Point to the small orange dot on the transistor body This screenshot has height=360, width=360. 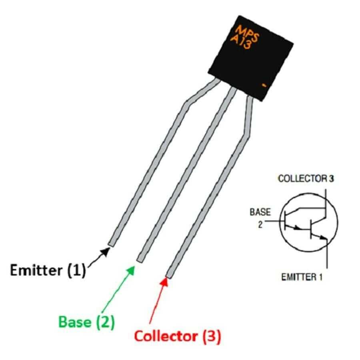click(264, 85)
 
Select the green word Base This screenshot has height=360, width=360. click(75, 322)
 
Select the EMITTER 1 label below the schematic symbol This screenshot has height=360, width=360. click(302, 277)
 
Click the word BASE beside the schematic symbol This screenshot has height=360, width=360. click(260, 212)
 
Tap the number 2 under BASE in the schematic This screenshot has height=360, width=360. click(260, 225)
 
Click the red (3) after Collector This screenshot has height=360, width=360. click(212, 336)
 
